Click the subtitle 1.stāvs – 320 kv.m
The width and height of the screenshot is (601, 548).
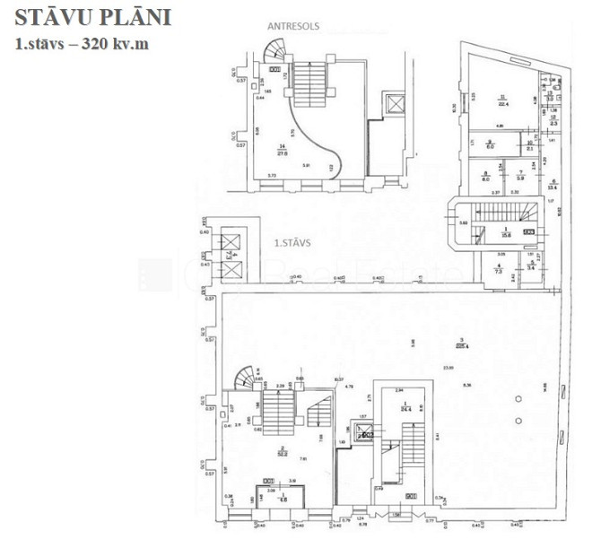pyautogui.click(x=81, y=43)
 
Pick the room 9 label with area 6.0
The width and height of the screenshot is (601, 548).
pyautogui.click(x=489, y=145)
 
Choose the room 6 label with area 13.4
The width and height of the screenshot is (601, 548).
pyautogui.click(x=553, y=186)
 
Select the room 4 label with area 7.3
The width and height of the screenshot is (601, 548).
pyautogui.click(x=498, y=266)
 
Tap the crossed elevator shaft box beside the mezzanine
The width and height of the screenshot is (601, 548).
pyautogui.click(x=391, y=104)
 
